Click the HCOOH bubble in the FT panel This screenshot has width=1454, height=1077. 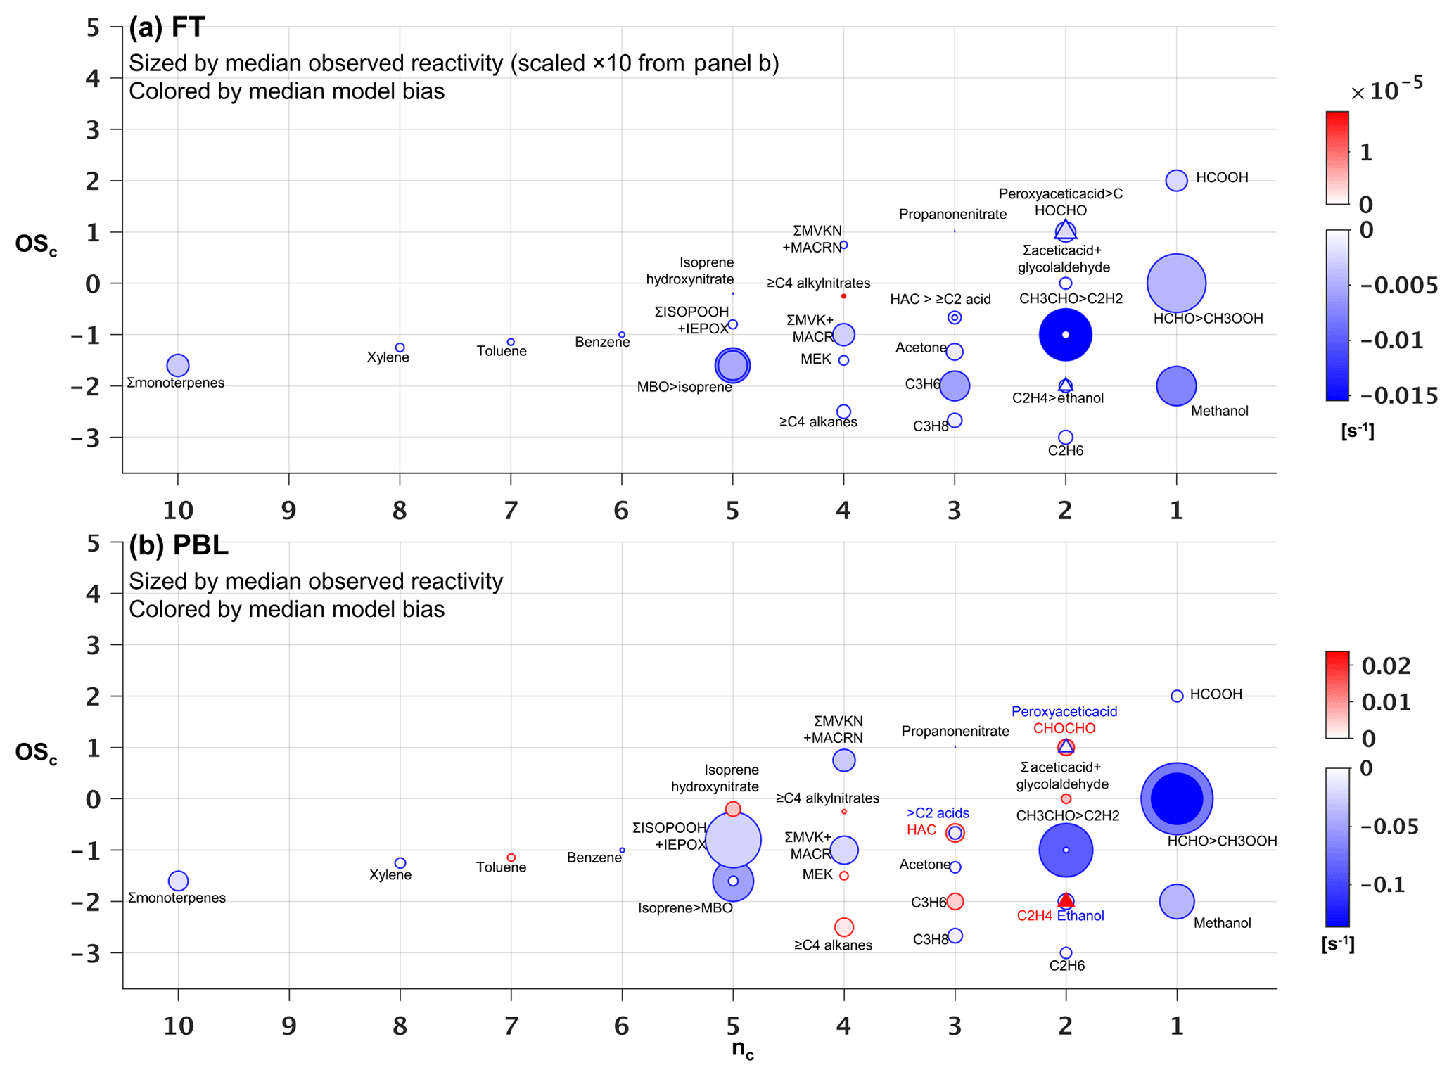[1175, 180]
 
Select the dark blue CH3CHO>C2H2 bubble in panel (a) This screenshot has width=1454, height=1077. [1065, 335]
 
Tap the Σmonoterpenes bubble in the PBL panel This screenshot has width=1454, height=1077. [178, 880]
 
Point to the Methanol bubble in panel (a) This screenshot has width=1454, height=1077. [1175, 385]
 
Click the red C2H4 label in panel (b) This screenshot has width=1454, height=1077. [1034, 915]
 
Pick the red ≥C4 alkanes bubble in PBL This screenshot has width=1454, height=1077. [843, 927]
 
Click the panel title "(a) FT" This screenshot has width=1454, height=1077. [167, 27]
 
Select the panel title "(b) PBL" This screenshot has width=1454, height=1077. [178, 545]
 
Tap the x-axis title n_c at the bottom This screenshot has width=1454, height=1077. [742, 1049]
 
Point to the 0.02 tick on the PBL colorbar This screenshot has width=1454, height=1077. [1386, 665]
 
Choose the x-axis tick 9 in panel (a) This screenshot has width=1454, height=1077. [288, 510]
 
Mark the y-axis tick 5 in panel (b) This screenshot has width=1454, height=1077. [93, 542]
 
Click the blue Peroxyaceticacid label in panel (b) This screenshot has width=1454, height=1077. [1064, 711]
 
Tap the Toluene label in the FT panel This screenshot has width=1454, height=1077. [501, 351]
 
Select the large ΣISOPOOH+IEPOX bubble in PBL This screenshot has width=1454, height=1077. [733, 839]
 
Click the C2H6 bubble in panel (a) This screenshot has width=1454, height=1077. [1065, 437]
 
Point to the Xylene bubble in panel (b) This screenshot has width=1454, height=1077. [400, 862]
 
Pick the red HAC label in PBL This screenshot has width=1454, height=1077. [921, 830]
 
